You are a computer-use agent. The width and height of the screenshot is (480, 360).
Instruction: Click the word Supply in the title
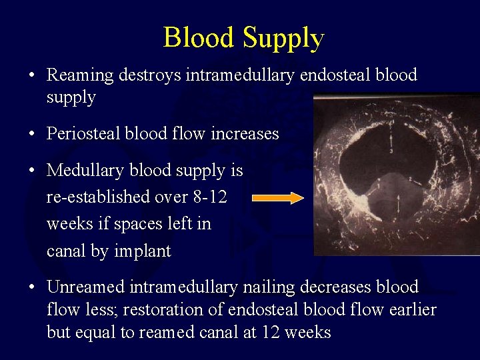pyautogui.click(x=283, y=39)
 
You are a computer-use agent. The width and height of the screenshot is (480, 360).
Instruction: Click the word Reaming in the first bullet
pyautogui.click(x=80, y=75)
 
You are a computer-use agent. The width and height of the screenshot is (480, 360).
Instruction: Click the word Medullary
pyautogui.click(x=84, y=171)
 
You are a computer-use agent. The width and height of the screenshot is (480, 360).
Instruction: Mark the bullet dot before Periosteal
pyautogui.click(x=32, y=134)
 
